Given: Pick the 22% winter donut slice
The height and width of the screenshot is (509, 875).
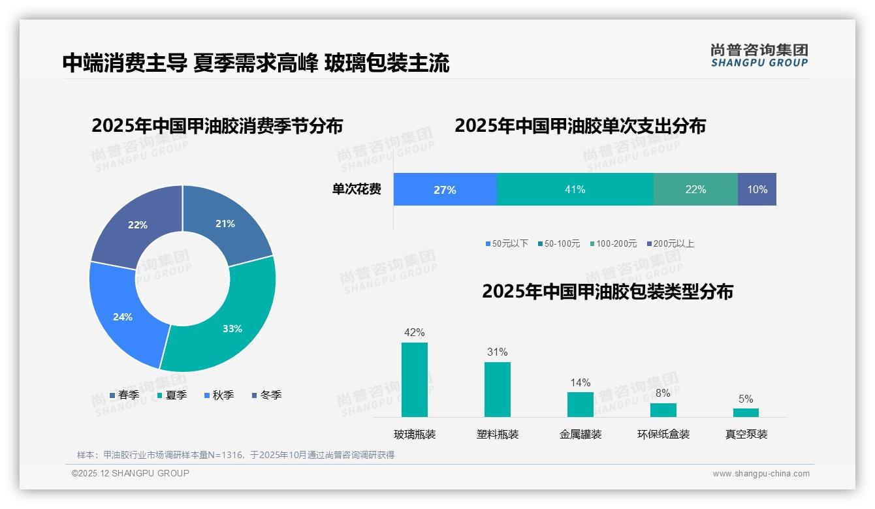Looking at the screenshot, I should [137, 225].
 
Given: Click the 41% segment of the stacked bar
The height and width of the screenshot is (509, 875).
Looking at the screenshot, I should [575, 189].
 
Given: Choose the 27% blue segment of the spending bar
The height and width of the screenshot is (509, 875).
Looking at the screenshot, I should [445, 189].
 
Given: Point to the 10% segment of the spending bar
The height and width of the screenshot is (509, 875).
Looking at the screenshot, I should [757, 189].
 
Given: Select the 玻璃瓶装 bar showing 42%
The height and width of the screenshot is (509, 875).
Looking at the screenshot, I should [415, 380].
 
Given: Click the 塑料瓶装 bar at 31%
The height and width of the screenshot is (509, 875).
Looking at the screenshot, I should [498, 390].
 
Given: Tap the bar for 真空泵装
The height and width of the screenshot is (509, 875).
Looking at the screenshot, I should [746, 412].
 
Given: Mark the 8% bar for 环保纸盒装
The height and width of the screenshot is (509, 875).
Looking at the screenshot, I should [663, 410].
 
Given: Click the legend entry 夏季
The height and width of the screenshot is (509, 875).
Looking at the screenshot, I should [172, 395].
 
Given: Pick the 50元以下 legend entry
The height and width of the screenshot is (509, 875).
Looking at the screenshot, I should [507, 243].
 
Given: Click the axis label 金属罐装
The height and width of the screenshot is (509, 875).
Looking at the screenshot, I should [581, 434].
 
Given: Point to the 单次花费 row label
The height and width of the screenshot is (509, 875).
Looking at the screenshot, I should [357, 189].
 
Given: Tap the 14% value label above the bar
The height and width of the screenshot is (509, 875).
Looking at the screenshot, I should [580, 382].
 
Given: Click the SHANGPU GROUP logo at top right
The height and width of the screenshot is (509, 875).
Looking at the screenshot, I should [759, 55].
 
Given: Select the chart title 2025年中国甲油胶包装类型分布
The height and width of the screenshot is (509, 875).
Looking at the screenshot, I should [607, 292].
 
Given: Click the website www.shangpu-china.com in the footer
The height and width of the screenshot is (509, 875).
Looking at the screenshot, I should [761, 474].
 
